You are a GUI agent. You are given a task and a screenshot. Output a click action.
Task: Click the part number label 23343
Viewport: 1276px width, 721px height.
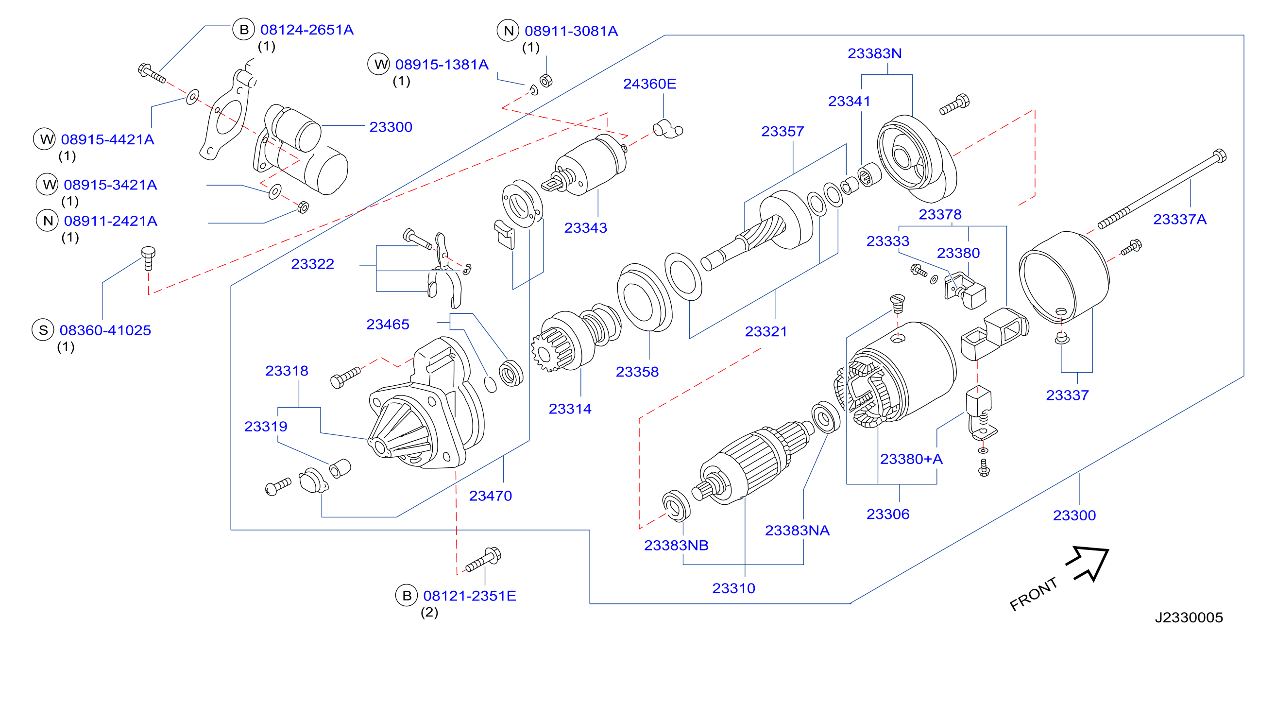click(x=585, y=228)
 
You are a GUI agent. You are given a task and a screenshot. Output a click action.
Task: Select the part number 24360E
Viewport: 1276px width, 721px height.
click(x=649, y=84)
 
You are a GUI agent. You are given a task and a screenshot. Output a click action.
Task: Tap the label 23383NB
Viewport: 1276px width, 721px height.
click(x=676, y=545)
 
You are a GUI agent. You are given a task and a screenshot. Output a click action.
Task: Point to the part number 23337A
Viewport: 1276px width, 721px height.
click(x=1180, y=219)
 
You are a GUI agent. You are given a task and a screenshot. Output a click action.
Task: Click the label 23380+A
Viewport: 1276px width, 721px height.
click(x=911, y=459)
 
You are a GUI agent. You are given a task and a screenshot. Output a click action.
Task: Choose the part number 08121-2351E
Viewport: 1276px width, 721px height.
click(x=470, y=596)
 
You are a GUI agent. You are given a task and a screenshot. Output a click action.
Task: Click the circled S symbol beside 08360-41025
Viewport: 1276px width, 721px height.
click(x=43, y=330)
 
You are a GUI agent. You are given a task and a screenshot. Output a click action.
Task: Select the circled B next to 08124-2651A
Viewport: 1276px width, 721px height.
click(x=244, y=29)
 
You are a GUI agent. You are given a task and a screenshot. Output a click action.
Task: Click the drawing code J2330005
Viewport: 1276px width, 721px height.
click(x=1189, y=618)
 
